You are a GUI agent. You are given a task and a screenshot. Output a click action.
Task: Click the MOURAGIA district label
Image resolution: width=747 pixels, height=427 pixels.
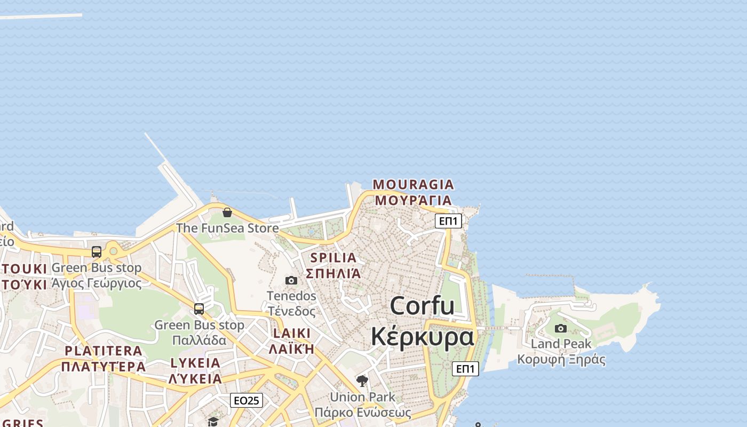tap(413, 185)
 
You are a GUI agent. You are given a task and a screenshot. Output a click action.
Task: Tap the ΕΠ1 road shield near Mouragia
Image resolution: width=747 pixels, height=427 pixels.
tap(448, 220)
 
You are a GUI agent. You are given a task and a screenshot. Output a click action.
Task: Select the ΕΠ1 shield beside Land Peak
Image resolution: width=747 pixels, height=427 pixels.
tap(465, 368)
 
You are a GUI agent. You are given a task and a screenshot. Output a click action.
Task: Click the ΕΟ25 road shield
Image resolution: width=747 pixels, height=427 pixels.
tap(247, 400)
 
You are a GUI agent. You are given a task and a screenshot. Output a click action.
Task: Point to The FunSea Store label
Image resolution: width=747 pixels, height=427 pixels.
tap(227, 228)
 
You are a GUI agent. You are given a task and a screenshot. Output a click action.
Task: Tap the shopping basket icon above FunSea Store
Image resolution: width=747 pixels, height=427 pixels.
tap(227, 212)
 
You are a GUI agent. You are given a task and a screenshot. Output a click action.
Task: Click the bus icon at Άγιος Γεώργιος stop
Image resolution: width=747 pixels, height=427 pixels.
tap(97, 252)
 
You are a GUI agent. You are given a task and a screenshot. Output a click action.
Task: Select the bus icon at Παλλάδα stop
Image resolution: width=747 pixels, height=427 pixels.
tap(199, 309)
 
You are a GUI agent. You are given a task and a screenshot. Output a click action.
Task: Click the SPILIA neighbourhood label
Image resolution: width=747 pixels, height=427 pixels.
tap(333, 258)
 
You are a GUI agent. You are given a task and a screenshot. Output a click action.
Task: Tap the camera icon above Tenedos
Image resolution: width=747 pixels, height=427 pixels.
tap(291, 280)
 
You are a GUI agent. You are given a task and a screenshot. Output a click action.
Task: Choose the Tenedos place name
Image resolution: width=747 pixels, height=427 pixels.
tap(291, 296)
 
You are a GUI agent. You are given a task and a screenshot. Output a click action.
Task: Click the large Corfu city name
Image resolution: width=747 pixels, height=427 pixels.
tap(422, 306)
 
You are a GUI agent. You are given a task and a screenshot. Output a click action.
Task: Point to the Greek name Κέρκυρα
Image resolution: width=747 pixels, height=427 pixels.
tap(422, 337)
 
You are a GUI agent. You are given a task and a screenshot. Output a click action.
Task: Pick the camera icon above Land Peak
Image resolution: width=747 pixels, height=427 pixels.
tap(561, 328)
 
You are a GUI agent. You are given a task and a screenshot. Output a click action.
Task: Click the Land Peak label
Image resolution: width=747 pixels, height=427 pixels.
tap(561, 344)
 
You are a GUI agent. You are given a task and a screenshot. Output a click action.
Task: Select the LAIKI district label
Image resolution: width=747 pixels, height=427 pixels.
tap(291, 333)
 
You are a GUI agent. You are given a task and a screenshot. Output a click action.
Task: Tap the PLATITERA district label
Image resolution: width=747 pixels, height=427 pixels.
tap(104, 351)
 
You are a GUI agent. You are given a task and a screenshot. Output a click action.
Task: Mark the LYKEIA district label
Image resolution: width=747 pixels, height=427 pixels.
tap(195, 363)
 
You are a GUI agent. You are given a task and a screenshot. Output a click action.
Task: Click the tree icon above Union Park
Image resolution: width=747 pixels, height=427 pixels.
tap(362, 381)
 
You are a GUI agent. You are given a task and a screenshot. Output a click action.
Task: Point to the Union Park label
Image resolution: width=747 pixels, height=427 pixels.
tap(362, 397)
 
